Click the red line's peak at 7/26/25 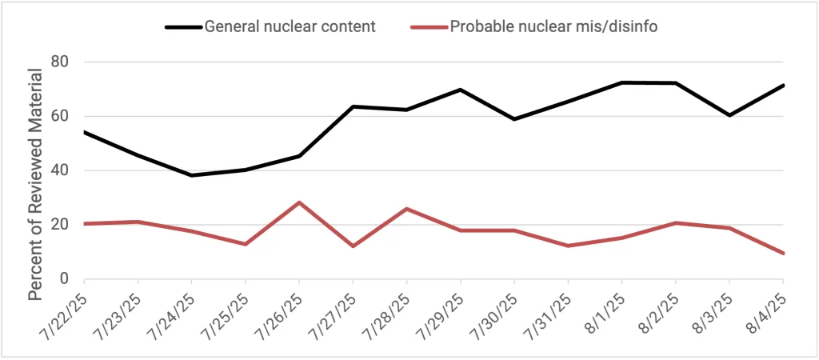299,202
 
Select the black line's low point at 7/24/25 191,175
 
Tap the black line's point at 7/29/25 461,90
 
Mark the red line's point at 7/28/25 407,209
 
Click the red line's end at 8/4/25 783,254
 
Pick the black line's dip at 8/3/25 729,115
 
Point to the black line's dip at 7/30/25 514,119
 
